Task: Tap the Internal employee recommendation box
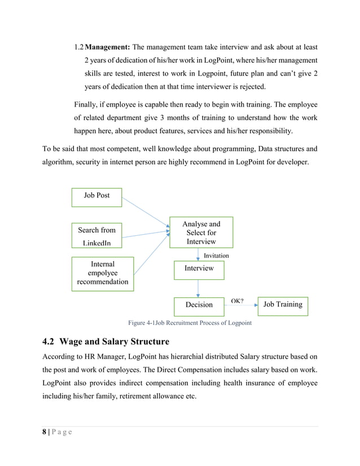coord(102,273)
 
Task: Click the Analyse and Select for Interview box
coord(201,232)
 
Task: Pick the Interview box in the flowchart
coord(199,269)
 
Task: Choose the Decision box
coord(199,305)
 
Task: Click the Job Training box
coord(283,305)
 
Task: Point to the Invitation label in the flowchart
coord(216,256)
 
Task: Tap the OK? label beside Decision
coord(237,301)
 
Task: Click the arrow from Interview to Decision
coord(198,288)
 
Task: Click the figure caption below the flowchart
coord(190,323)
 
